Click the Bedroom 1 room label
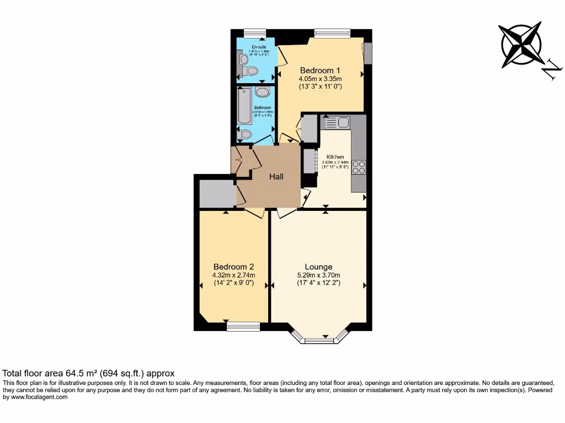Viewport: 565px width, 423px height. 320,70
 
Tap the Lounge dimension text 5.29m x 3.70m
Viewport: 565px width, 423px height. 318,275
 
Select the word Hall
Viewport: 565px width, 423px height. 276,177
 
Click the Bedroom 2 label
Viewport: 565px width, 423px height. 233,267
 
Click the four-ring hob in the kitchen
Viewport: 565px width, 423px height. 359,166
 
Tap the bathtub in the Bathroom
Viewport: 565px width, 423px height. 243,106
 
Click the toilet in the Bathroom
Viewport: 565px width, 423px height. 246,134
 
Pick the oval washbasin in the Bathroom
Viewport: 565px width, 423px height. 263,93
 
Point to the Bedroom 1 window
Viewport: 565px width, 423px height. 332,33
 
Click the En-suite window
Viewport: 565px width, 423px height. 254,33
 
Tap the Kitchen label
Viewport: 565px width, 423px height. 335,157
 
